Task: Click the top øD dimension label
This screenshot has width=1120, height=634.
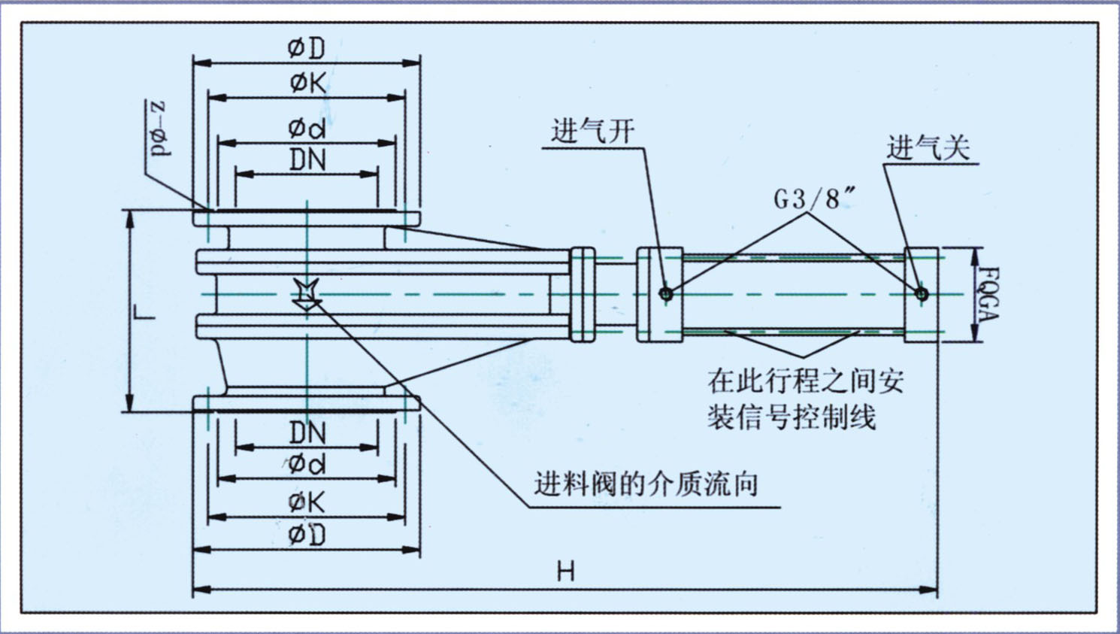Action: [x=306, y=49]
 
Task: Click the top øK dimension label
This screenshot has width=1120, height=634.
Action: [x=307, y=83]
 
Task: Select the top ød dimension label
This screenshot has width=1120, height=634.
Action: [x=307, y=128]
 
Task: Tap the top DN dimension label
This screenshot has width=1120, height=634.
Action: [x=307, y=159]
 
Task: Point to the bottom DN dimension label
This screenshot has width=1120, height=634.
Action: [x=307, y=432]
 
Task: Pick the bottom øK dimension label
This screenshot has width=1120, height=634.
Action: [x=307, y=502]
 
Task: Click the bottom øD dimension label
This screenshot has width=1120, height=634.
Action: [x=307, y=535]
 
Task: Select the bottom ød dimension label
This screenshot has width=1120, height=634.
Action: [x=307, y=464]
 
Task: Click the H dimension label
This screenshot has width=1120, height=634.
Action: [x=565, y=572]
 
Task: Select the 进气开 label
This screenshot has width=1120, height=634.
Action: [x=592, y=132]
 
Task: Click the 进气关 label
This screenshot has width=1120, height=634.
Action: [x=928, y=147]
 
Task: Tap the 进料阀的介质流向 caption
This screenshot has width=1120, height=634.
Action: [x=646, y=484]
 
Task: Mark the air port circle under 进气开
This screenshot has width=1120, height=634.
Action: [x=666, y=293]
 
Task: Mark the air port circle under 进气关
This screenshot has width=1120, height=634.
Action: [x=922, y=294]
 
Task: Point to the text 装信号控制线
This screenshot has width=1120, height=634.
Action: [x=791, y=416]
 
